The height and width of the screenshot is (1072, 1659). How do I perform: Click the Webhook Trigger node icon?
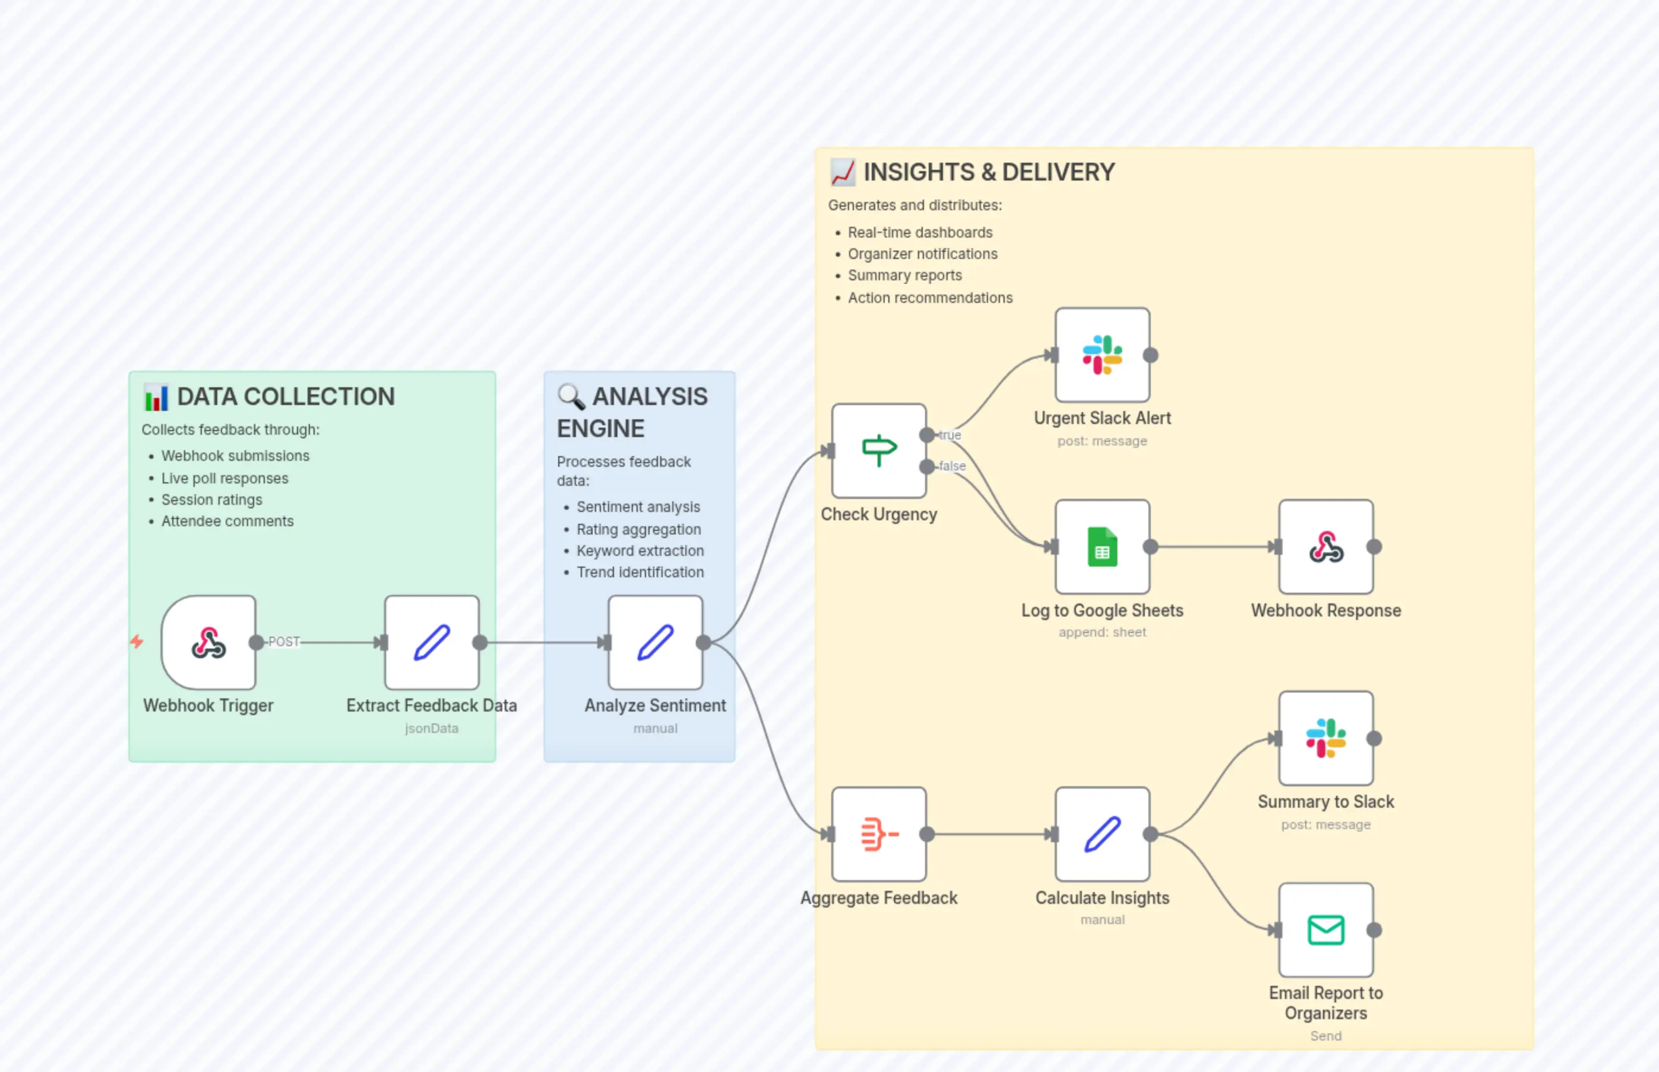[208, 643]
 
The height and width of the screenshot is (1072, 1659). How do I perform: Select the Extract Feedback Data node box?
[432, 643]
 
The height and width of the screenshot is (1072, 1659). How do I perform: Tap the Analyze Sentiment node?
[655, 643]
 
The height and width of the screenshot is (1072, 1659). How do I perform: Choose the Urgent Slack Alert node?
[1101, 355]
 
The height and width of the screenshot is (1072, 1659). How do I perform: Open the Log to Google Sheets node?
[1101, 547]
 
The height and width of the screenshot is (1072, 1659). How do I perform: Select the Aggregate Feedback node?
[878, 834]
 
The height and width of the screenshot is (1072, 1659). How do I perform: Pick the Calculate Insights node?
[1101, 834]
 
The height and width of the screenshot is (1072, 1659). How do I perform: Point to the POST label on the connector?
[284, 642]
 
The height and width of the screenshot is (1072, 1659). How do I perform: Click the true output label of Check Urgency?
[950, 435]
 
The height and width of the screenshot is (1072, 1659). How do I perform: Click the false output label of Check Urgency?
[952, 466]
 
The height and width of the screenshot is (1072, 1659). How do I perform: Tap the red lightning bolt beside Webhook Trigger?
[137, 641]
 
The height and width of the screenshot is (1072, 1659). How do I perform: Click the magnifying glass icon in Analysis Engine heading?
[571, 397]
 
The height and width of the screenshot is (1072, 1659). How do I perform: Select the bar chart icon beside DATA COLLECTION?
[156, 397]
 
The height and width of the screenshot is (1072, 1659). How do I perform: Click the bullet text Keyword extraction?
[639, 551]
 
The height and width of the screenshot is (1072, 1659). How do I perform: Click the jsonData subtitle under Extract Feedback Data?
[432, 728]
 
